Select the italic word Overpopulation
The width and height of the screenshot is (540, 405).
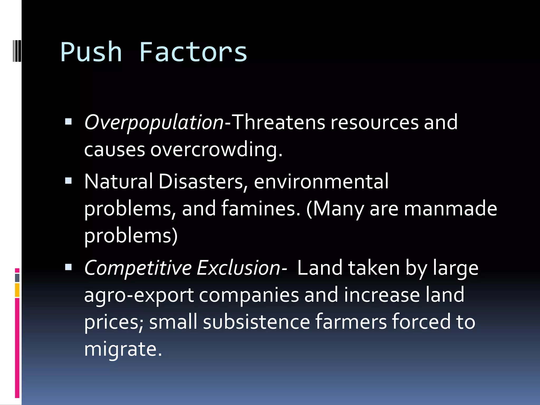(x=154, y=123)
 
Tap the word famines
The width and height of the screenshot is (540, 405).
(x=261, y=208)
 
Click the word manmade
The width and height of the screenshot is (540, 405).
(x=450, y=208)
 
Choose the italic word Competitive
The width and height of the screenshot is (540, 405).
(x=138, y=268)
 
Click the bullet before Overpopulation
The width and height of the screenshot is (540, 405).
(x=68, y=122)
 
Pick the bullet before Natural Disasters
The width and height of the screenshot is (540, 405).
(x=68, y=181)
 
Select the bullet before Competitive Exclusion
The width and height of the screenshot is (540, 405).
(x=68, y=267)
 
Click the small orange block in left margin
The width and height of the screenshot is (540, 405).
(x=17, y=290)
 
